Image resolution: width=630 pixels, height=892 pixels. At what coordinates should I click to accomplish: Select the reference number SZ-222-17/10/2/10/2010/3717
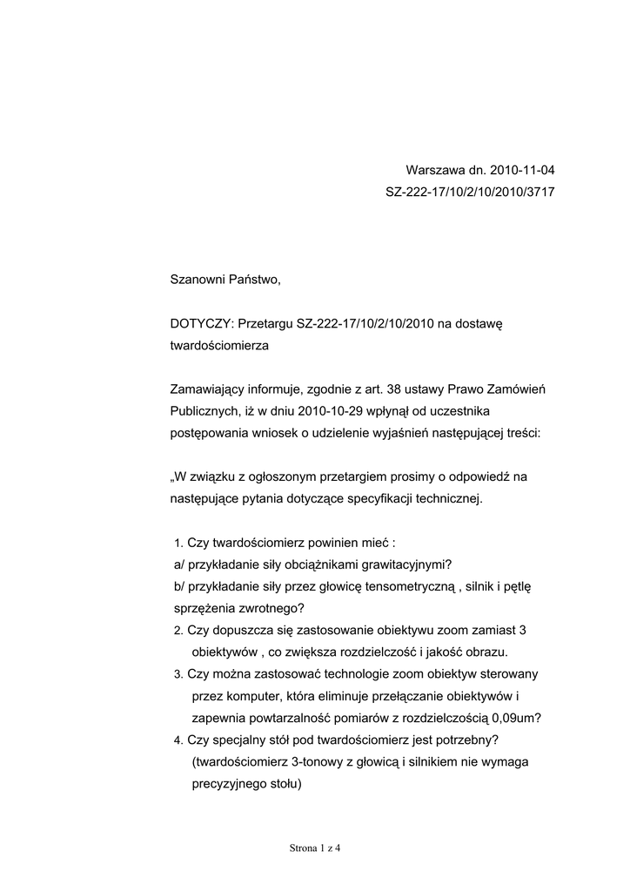click(470, 192)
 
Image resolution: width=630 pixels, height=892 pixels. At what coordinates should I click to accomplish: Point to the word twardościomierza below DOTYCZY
click(220, 346)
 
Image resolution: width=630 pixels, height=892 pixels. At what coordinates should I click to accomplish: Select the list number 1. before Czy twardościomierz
click(178, 543)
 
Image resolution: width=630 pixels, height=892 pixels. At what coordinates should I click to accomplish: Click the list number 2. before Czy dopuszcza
click(178, 631)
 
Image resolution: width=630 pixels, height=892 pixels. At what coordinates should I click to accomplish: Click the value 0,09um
click(516, 719)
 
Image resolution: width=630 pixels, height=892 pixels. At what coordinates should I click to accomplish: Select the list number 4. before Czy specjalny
click(178, 740)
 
